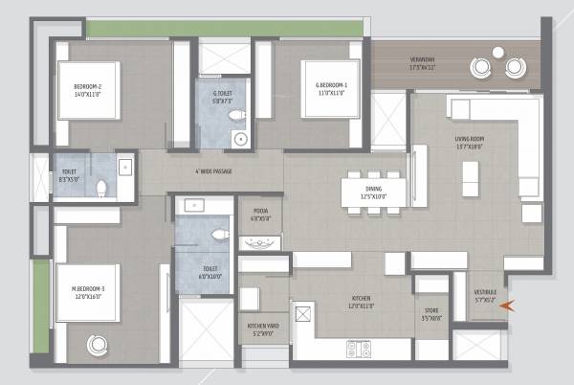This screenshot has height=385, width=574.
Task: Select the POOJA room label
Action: (x=260, y=215)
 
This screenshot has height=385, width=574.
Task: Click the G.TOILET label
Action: (x=222, y=97)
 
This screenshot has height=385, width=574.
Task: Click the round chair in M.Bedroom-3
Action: (x=97, y=344)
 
